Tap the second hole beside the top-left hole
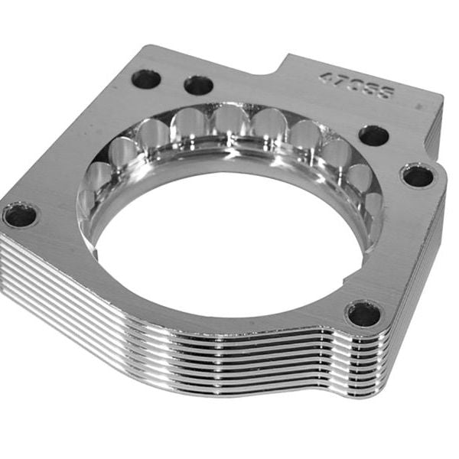pos(198,85)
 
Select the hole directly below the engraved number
pos(373,135)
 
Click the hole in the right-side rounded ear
pos(418,176)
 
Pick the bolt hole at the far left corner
pos(20,215)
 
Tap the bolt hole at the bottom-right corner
pos(363,313)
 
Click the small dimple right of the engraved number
pos(420,107)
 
